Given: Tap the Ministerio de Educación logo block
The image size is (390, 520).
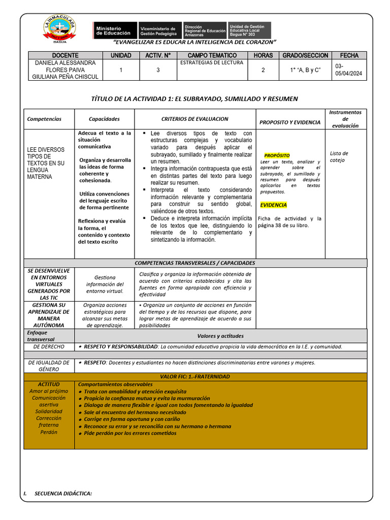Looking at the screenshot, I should [115, 30].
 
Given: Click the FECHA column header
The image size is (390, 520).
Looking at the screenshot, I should [349, 55].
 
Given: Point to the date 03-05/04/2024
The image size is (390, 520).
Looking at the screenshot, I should [348, 70].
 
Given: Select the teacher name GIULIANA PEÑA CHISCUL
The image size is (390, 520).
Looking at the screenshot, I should [65, 77].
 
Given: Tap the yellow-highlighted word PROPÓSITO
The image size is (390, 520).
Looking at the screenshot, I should [277, 155].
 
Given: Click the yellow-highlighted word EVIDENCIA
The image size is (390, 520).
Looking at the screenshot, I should [273, 205].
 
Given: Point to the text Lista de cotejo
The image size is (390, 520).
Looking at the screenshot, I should [339, 156].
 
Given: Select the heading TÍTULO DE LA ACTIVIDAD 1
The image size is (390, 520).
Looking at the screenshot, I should [194, 99].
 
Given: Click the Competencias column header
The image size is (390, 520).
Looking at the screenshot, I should [44, 119].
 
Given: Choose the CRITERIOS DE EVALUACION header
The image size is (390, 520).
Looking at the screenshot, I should [194, 119].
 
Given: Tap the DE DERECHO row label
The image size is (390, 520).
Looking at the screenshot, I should [49, 346].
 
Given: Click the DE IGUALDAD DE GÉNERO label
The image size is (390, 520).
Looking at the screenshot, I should [49, 366].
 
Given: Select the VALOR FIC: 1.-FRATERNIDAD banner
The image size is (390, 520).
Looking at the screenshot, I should [194, 377].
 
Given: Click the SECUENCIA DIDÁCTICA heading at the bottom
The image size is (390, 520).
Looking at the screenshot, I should [63, 493].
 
